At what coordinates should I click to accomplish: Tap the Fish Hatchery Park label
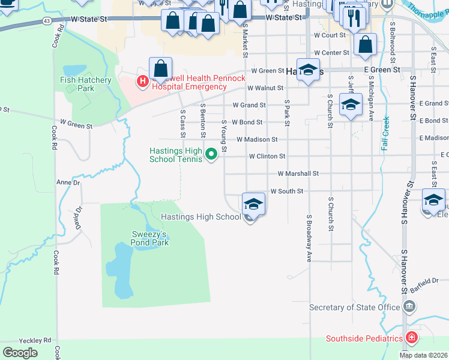pyautogui.click(x=86, y=84)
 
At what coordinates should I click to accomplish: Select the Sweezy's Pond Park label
pyautogui.click(x=150, y=238)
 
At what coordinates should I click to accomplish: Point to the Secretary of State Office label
pyautogui.click(x=354, y=308)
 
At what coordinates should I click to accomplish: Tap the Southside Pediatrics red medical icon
pyautogui.click(x=411, y=338)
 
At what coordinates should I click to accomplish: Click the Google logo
pyautogui.click(x=20, y=352)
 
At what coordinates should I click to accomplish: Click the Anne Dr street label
pyautogui.click(x=68, y=182)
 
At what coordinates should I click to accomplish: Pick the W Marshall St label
pyautogui.click(x=298, y=173)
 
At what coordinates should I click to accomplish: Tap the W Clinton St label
pyautogui.click(x=267, y=156)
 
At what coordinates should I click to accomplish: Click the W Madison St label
pyautogui.click(x=257, y=139)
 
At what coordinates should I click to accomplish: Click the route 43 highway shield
pyautogui.click(x=47, y=20)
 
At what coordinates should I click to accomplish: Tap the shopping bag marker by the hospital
pyautogui.click(x=161, y=69)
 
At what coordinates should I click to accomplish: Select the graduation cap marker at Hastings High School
pyautogui.click(x=253, y=203)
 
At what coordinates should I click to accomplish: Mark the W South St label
pyautogui.click(x=288, y=191)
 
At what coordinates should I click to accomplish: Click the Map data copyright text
pyautogui.click(x=423, y=355)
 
